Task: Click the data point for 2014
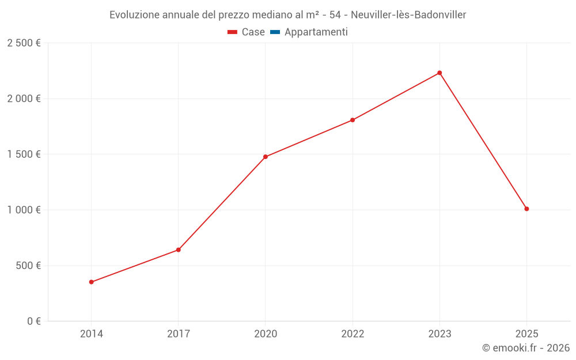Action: pos(91,282)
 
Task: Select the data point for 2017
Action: pos(179,250)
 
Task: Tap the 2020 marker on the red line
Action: pos(266,157)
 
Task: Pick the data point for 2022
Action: pos(353,120)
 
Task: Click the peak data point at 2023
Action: pos(439,73)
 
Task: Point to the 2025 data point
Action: pos(526,209)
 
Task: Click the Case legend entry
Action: pos(247,32)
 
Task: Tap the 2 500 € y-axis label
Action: pos(24,43)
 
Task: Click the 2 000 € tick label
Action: pos(24,98)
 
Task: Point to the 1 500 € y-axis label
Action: pos(24,154)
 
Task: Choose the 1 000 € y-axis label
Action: pos(24,210)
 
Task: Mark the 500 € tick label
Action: pos(28,266)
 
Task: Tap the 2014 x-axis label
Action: pos(91,334)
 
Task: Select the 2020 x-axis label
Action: pos(266,334)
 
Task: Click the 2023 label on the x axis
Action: pos(439,334)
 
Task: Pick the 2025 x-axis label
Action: pos(526,334)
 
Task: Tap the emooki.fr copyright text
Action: pos(525,348)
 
